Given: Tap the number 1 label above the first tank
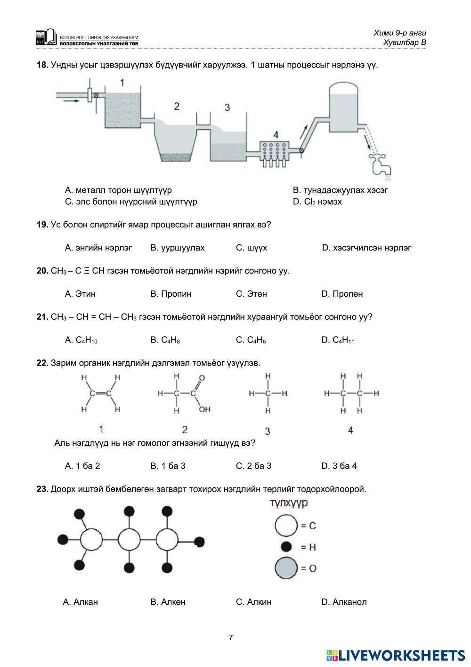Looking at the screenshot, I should pos(122,83).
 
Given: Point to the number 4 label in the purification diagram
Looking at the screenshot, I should pos(276,135).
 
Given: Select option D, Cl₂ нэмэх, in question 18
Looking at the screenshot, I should pos(317,202).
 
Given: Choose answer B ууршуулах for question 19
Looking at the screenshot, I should pos(178,248).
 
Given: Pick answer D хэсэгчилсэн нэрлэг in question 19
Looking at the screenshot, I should pos(366,248).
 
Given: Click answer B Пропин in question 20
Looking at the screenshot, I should pos(171,294).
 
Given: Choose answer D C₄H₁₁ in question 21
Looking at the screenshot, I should pos(337,340).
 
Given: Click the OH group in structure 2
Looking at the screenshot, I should pos(204,409).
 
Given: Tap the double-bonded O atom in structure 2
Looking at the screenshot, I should pos(202,378).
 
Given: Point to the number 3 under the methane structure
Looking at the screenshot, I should pos(268,431).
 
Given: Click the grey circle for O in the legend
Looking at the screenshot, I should pos(286,568).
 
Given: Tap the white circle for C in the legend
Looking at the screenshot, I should pos(286,525).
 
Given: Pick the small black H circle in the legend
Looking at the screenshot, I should pos(286,547).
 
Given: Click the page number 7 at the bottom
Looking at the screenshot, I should pos(231,638).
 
